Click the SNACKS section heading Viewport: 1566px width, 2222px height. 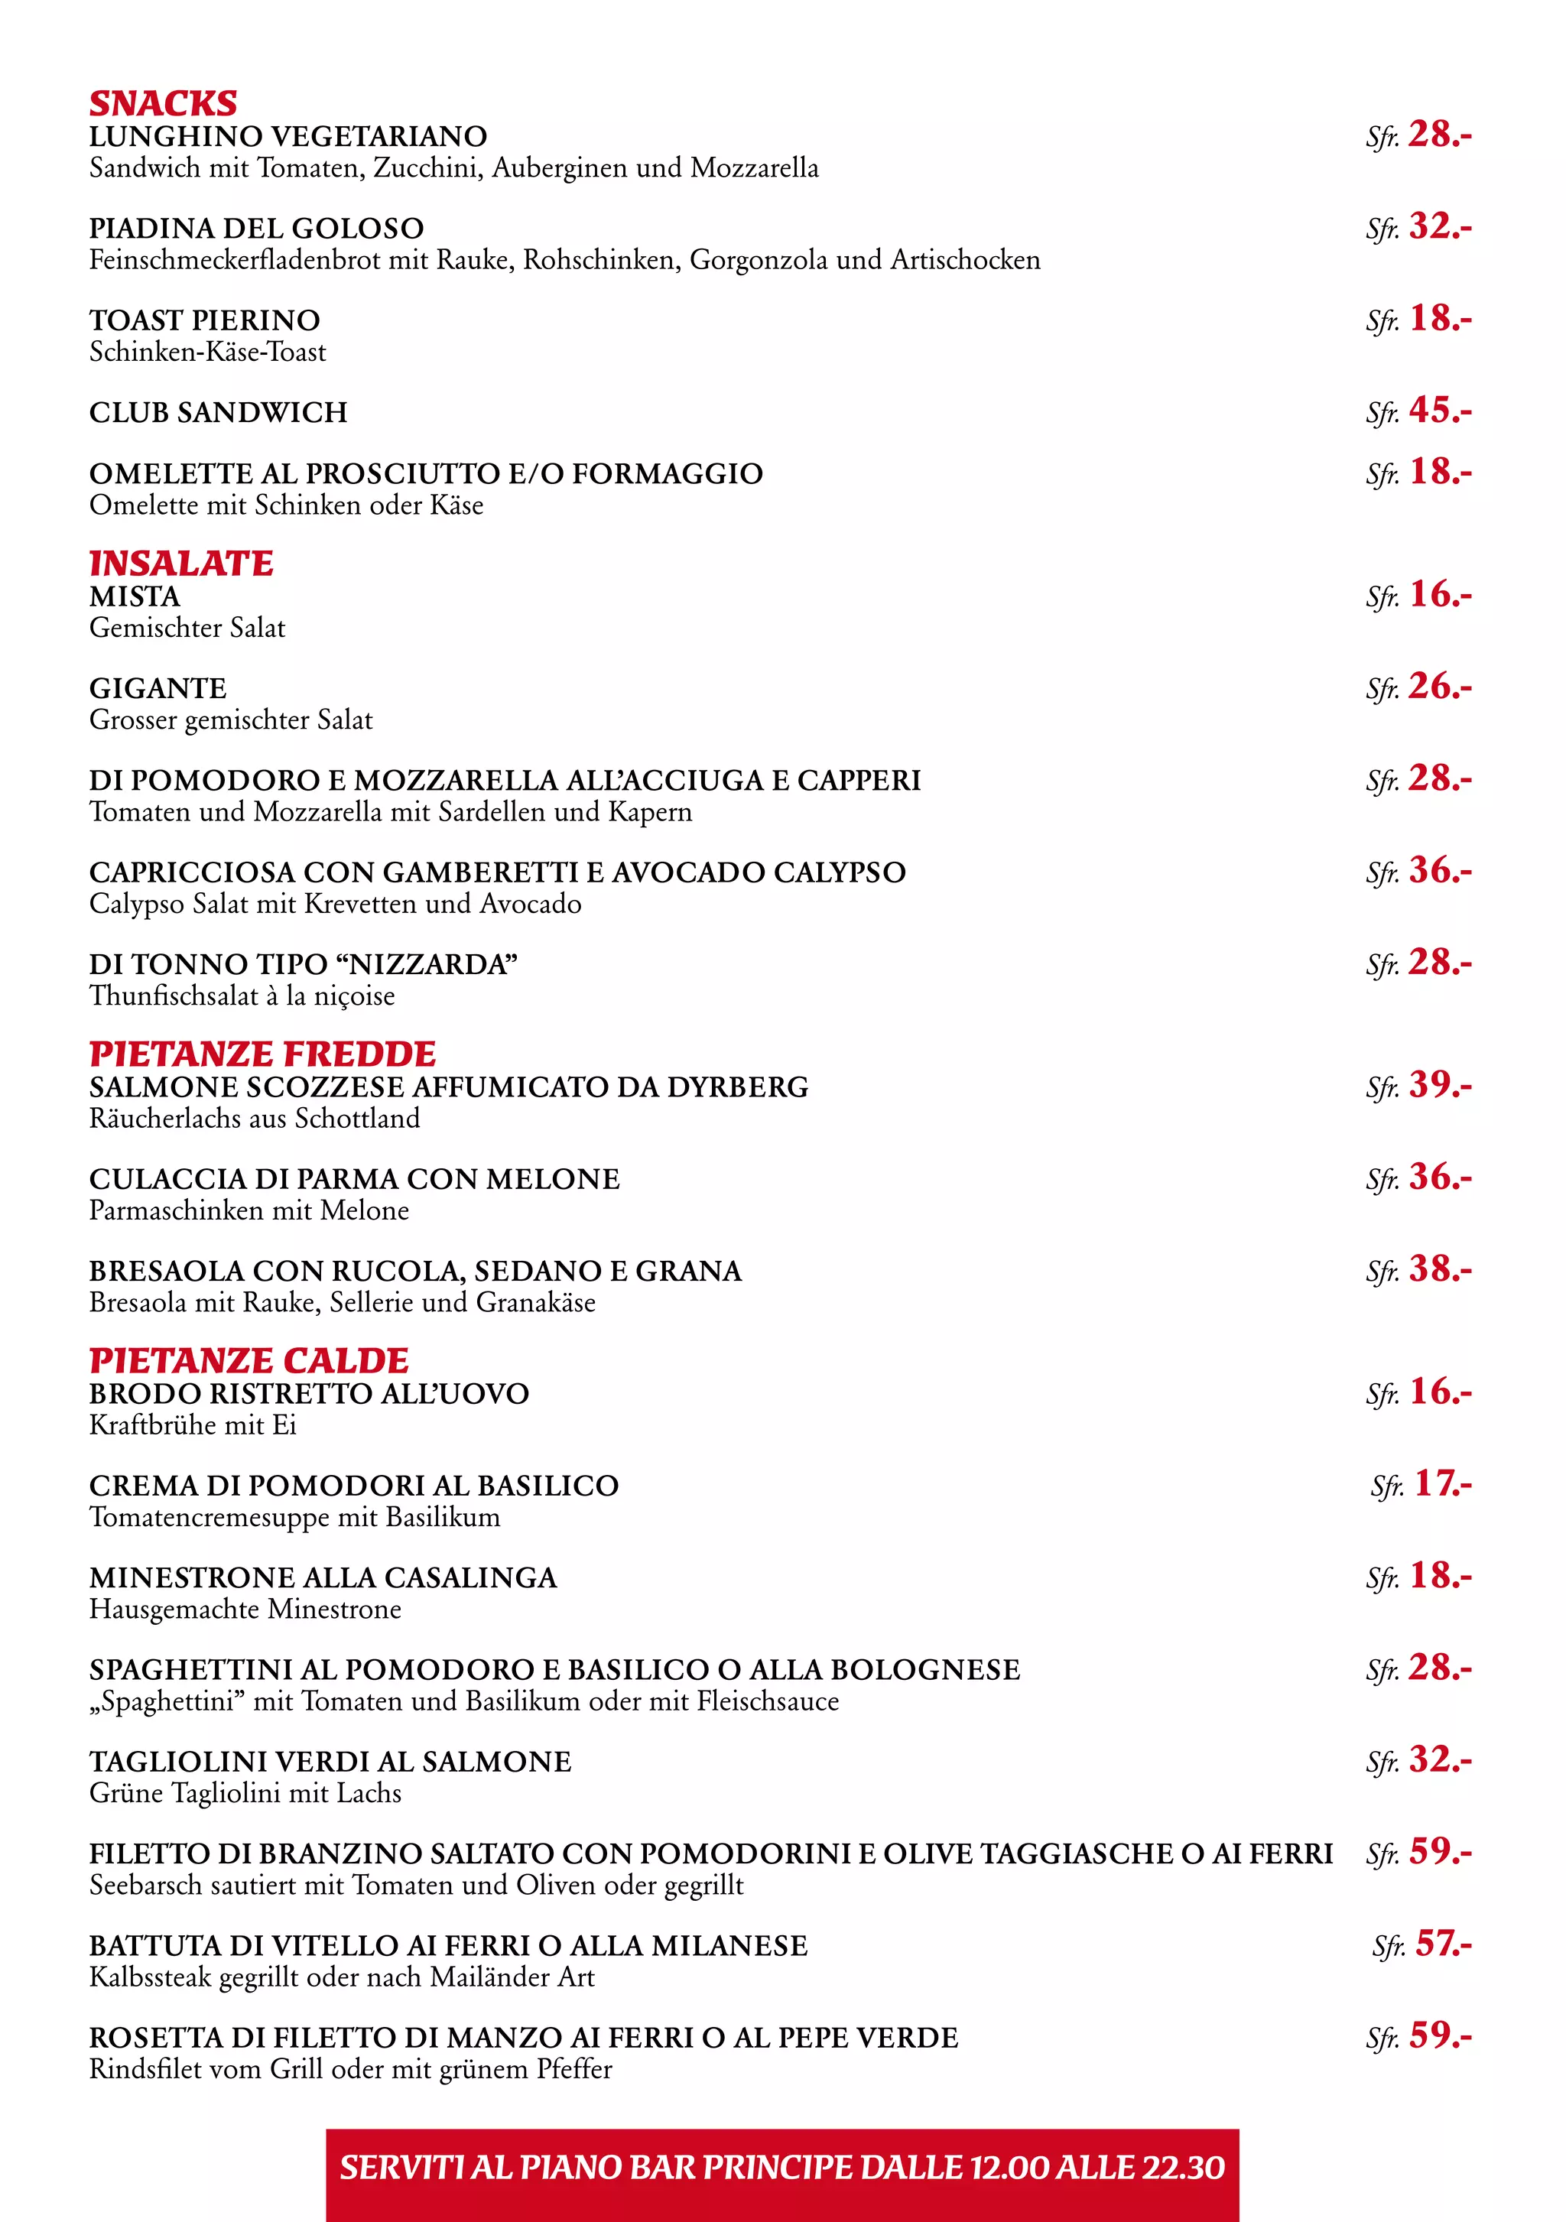tap(163, 102)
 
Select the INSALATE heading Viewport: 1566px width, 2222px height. tap(181, 564)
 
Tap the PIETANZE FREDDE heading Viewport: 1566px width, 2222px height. tap(262, 1054)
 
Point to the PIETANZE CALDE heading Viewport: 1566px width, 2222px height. tap(249, 1361)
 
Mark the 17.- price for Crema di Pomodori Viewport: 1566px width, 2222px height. tap(1442, 1483)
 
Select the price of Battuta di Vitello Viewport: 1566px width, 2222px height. tap(1442, 1942)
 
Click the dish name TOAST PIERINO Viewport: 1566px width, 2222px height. tap(204, 320)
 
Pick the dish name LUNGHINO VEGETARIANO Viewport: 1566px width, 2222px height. tap(288, 136)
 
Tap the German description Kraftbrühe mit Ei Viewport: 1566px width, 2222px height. tap(193, 1425)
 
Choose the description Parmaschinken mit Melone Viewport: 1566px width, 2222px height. tap(249, 1210)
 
